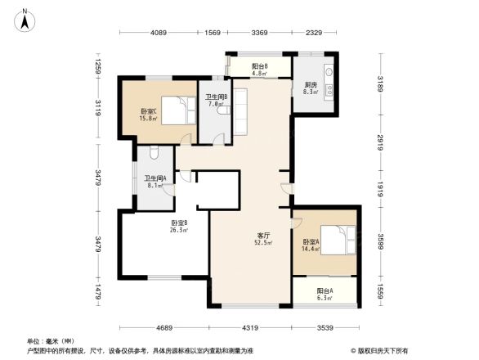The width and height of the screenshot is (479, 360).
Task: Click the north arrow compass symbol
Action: [x=26, y=18]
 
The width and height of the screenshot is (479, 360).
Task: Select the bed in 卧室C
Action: [x=174, y=110]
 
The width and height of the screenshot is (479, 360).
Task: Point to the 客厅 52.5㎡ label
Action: [x=262, y=238]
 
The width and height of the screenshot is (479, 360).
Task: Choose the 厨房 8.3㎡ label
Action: [x=311, y=88]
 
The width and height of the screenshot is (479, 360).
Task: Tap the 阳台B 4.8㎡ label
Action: [x=260, y=70]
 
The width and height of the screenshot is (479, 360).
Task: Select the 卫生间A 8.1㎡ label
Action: [x=155, y=182]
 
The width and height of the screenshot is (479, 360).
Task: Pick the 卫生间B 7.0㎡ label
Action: [x=216, y=101]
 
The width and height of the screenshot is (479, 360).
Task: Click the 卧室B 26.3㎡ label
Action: [x=180, y=227]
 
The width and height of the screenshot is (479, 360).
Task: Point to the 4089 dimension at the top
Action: [x=159, y=33]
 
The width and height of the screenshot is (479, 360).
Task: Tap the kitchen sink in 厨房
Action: [x=329, y=73]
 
